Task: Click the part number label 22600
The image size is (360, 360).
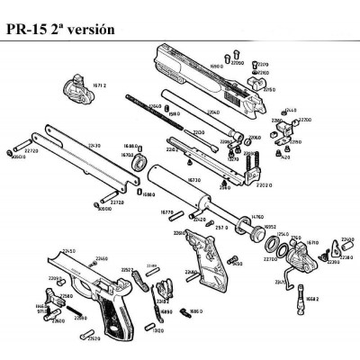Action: click(59, 319)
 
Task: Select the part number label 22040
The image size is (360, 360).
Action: click(213, 112)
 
